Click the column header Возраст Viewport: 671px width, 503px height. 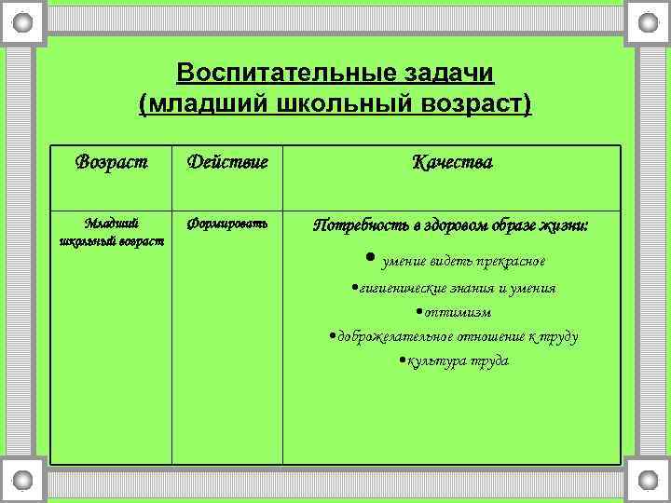point(111,162)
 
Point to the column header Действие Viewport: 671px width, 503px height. point(227,162)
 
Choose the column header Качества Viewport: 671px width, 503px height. point(452,162)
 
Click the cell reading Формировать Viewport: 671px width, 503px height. point(227,224)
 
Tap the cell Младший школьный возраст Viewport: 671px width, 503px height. point(111,232)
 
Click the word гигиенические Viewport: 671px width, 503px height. point(399,288)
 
